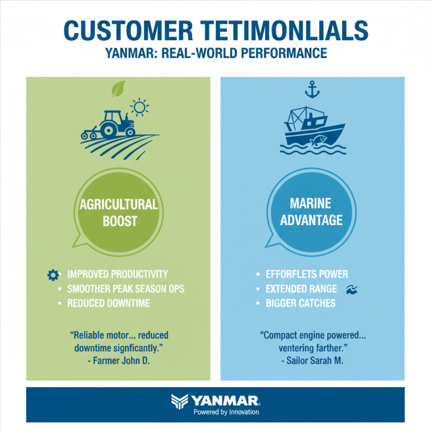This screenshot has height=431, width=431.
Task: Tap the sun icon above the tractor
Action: click(x=140, y=108)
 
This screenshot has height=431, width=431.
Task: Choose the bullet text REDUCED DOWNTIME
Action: click(x=109, y=303)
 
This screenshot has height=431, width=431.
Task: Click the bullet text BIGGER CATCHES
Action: click(x=301, y=303)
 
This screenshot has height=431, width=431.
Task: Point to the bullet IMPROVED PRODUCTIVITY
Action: click(x=117, y=274)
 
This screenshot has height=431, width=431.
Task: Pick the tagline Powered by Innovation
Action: click(x=226, y=412)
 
